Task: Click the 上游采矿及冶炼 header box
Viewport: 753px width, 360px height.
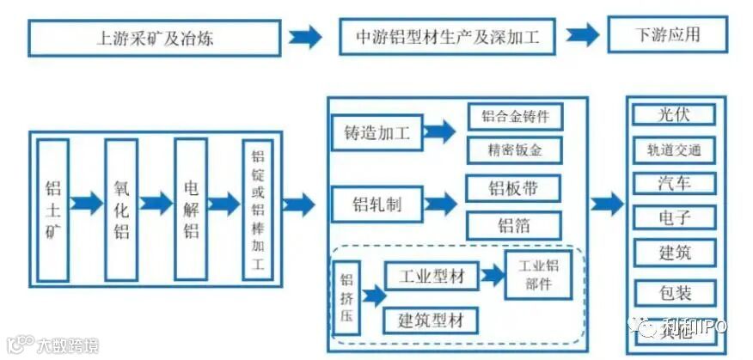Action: (155, 38)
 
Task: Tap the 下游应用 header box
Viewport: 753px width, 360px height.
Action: (666, 36)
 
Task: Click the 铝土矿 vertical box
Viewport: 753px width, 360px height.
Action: (53, 209)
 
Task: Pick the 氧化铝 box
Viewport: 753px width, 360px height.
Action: (121, 209)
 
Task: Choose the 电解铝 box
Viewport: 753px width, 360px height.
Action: (191, 209)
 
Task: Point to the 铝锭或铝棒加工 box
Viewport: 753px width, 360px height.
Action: (257, 211)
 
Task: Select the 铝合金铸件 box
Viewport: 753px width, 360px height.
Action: (514, 117)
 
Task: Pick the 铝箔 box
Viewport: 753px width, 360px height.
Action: (514, 225)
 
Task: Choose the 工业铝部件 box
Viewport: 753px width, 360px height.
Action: (538, 274)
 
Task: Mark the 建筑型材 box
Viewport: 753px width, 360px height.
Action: (430, 320)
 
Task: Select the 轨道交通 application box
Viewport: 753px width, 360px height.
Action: (673, 149)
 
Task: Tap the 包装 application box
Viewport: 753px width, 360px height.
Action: (673, 292)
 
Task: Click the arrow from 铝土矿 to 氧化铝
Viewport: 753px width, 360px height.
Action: (87, 204)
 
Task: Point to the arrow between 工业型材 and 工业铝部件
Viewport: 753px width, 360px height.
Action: (493, 275)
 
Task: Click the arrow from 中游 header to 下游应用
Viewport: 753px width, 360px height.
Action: (582, 36)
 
